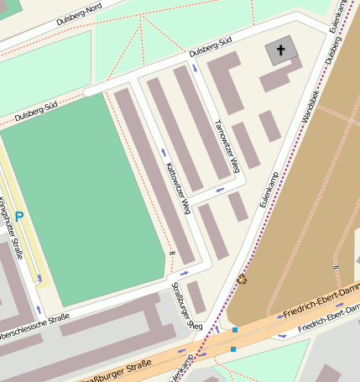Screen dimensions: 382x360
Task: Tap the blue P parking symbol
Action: click(19, 217)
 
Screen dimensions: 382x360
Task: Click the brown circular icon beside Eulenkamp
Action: click(243, 279)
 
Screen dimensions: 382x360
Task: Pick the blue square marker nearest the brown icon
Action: click(235, 329)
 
